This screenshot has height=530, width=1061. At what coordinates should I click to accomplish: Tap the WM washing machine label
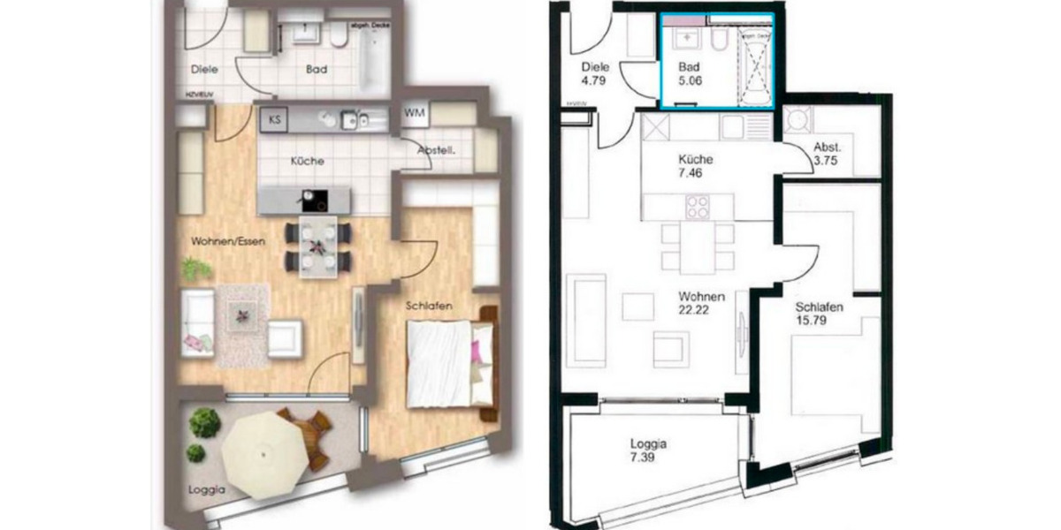tap(414, 113)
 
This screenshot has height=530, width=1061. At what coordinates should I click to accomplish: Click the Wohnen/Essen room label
tap(227, 241)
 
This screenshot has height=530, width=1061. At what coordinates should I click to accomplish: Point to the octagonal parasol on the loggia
tap(263, 453)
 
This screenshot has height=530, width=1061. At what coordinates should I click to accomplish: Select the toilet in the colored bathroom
tap(338, 35)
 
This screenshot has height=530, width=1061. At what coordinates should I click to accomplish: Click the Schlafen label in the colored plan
tap(430, 306)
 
